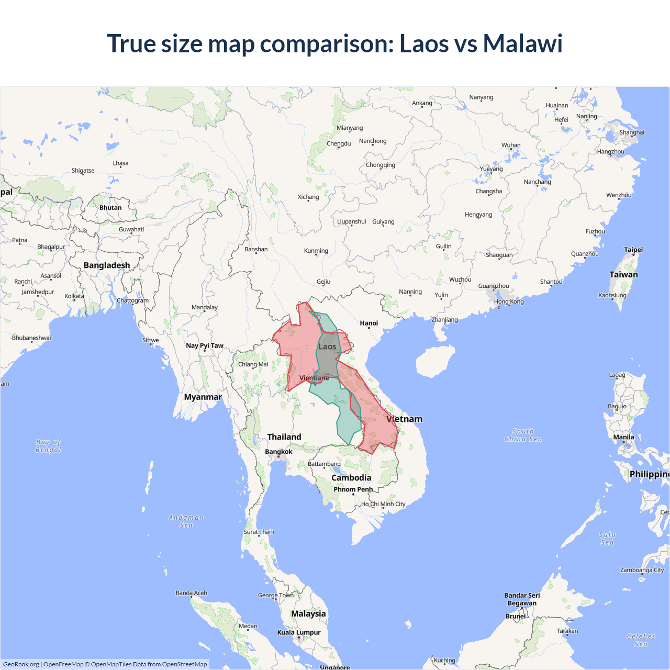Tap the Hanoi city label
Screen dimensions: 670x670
tap(368, 323)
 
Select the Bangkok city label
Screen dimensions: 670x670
tap(278, 452)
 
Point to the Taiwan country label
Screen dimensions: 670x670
tap(623, 274)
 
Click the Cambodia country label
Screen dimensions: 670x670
tap(351, 477)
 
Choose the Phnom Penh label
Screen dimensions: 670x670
tap(353, 489)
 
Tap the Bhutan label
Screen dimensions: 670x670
tap(110, 207)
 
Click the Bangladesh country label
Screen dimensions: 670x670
tap(107, 265)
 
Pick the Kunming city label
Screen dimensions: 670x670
tap(316, 251)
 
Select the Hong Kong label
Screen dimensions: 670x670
tap(509, 301)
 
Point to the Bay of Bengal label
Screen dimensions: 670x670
tap(48, 446)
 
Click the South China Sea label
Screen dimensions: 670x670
tap(523, 435)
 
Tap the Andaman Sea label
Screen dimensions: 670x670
tap(186, 521)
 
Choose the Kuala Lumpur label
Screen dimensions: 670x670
tap(299, 632)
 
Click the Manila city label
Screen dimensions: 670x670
tap(623, 437)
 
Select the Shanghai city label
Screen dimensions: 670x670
tap(632, 132)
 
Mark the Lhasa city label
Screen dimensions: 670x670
tap(120, 163)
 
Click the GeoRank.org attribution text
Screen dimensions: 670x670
tap(21, 664)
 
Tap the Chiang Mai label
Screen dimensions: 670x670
tap(253, 364)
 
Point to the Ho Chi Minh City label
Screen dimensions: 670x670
tap(383, 504)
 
